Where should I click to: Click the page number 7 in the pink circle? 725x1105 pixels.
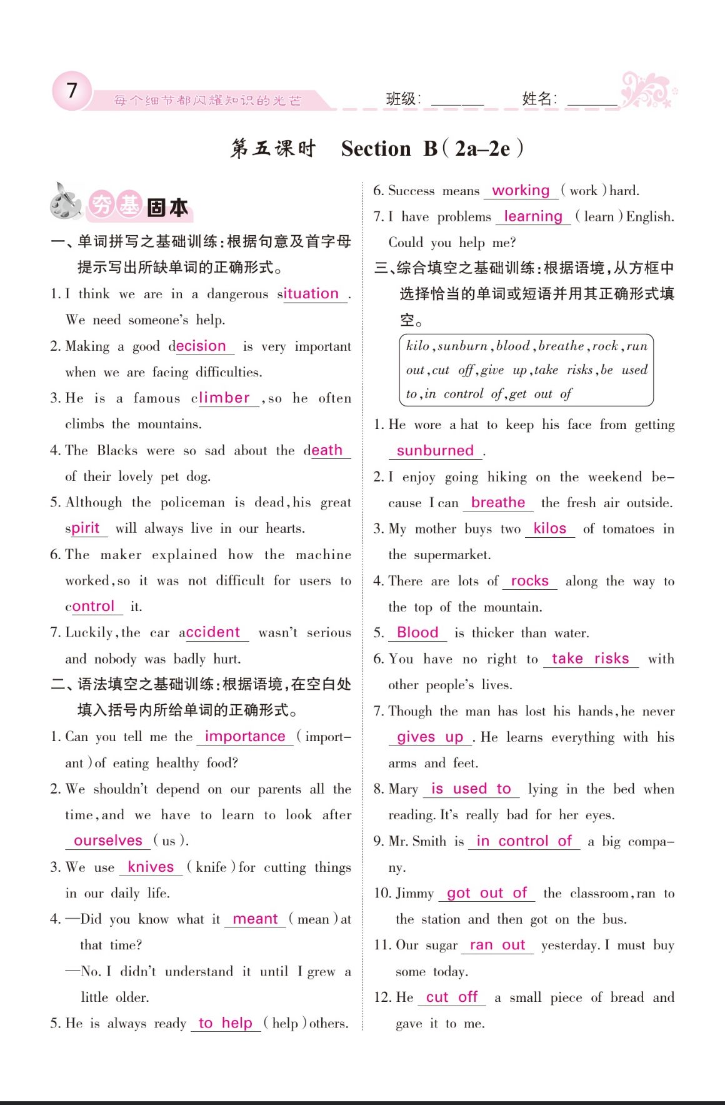click(72, 91)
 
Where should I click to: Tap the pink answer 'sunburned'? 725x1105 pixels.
click(435, 450)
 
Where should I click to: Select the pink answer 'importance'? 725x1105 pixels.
click(244, 737)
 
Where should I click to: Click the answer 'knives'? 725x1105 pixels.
click(151, 867)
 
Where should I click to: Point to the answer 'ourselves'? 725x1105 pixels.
click(108, 840)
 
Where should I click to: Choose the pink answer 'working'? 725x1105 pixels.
click(521, 190)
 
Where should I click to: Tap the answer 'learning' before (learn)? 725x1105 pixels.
click(533, 216)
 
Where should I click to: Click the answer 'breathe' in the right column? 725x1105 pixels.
click(498, 503)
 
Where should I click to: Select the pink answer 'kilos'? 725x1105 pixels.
click(550, 528)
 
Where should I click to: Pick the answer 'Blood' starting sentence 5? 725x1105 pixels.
click(417, 632)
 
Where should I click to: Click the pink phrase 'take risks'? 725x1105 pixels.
click(590, 658)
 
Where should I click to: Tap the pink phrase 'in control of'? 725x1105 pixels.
click(524, 841)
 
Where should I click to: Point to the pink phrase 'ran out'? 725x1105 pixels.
click(497, 945)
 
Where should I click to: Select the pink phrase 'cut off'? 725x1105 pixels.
click(451, 997)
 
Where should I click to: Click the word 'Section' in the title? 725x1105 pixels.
click(376, 149)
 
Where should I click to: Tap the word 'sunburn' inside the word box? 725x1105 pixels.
click(462, 346)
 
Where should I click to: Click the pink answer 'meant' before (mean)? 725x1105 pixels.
click(255, 919)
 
